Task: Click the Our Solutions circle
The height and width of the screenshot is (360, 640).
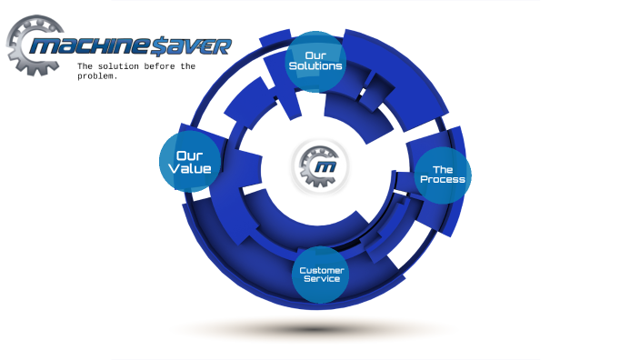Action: (315, 61)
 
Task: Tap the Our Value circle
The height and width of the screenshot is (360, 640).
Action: (190, 162)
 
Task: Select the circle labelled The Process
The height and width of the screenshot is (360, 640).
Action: (443, 175)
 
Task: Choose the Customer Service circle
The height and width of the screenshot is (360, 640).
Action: (321, 274)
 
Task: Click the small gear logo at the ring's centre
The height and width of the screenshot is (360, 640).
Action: (319, 166)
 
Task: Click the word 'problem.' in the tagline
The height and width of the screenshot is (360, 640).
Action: (97, 76)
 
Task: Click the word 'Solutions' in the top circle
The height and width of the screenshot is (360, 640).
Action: (315, 66)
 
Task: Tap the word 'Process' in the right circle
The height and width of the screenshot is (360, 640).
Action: (443, 180)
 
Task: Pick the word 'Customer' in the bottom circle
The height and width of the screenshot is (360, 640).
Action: (322, 269)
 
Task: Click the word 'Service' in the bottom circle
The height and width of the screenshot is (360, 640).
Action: (322, 279)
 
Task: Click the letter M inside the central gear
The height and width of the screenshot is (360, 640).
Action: (323, 168)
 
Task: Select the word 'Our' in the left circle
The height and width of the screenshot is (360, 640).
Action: (191, 155)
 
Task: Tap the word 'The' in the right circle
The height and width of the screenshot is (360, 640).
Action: (443, 170)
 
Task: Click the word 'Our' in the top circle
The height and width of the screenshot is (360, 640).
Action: (315, 55)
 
